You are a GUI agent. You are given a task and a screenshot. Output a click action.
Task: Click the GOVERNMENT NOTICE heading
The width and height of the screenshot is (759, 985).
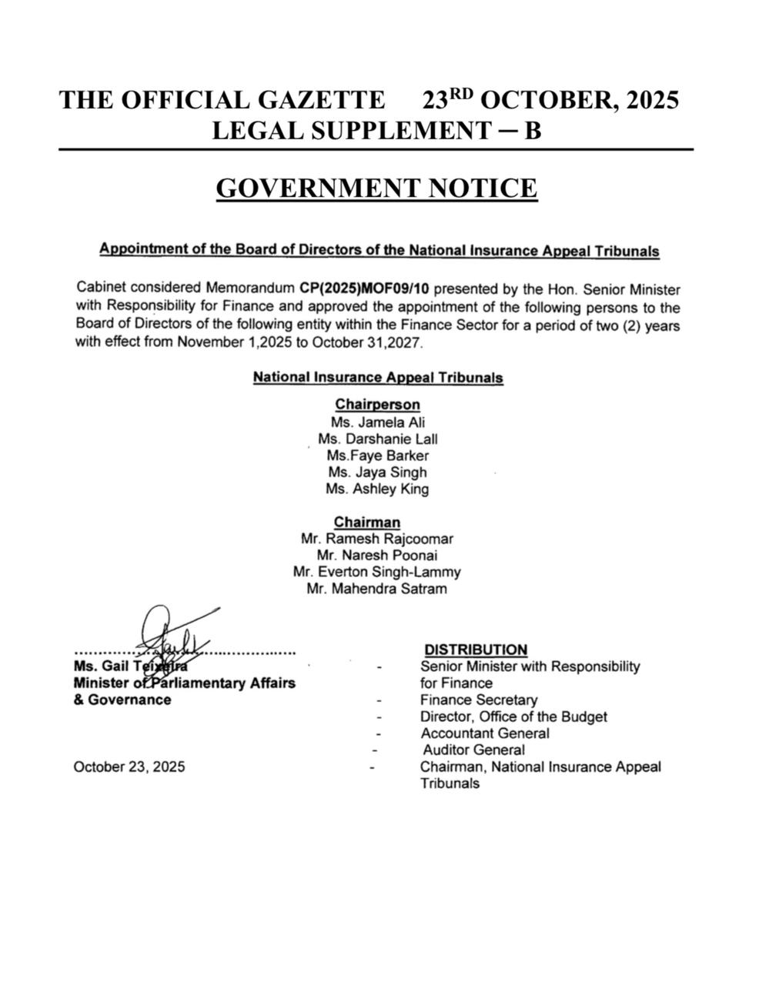[x=376, y=189]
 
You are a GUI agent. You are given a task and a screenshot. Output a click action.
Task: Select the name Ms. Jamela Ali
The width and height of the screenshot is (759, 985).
[x=377, y=422]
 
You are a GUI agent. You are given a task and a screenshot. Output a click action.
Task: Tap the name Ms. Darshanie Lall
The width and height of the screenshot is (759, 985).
[x=377, y=439]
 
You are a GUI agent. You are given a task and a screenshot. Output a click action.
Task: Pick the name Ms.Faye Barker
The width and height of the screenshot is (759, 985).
[x=377, y=456]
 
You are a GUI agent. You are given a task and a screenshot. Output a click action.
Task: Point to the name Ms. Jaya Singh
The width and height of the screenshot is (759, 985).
[x=377, y=472]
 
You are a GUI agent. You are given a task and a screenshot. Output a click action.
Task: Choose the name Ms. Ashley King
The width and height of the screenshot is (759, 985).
[x=377, y=489]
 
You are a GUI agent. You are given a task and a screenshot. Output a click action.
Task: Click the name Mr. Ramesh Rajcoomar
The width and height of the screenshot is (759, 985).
[x=377, y=539]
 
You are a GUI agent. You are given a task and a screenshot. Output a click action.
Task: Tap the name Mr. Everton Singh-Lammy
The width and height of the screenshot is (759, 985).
[x=377, y=572]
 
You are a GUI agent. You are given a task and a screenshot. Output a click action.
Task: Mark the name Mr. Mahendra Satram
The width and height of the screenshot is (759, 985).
[x=377, y=589]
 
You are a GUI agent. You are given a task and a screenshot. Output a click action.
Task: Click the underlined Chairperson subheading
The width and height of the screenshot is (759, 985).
[x=377, y=405]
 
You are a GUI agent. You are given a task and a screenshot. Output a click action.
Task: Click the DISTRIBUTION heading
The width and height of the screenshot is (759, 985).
[x=476, y=649]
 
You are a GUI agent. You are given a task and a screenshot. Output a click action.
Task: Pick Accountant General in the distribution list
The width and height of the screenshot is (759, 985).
[x=485, y=733]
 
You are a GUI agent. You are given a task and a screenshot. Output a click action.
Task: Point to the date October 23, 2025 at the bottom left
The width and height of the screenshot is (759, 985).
[x=129, y=767]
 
